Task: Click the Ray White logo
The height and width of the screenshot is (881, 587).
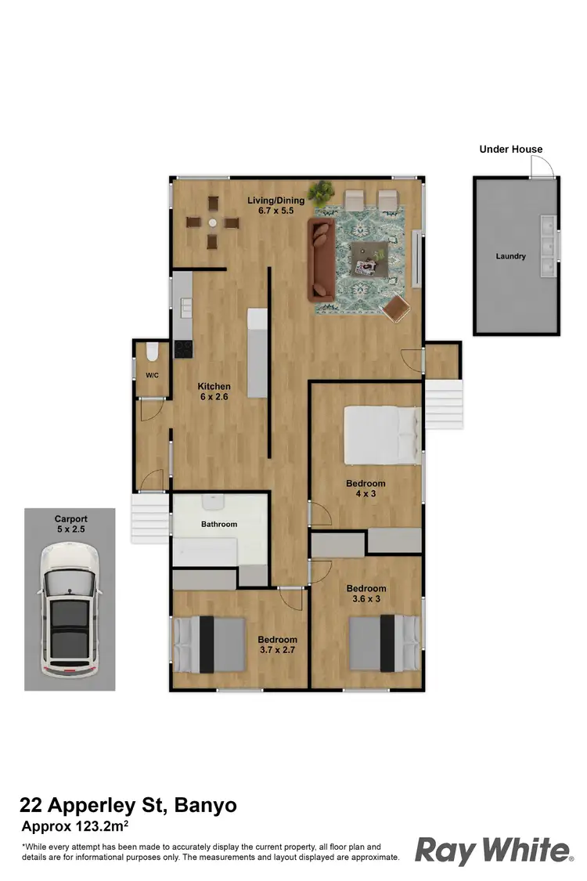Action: [493, 850]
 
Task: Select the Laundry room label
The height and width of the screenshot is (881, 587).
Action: [510, 256]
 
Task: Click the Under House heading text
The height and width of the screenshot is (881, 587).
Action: [510, 149]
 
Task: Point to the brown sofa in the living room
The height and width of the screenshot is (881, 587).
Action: [322, 258]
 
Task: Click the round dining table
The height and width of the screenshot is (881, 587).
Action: [212, 222]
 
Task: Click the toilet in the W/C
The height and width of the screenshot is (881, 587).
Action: [152, 351]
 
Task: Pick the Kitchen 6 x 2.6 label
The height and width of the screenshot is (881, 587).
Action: [214, 392]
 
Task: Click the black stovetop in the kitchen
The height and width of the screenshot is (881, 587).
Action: [182, 348]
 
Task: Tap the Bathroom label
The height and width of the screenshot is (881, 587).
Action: [218, 524]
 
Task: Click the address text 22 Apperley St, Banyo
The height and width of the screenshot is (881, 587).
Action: [128, 804]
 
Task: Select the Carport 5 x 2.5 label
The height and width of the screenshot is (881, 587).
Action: [70, 524]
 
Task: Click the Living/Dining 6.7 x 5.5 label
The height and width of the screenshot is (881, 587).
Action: [275, 206]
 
